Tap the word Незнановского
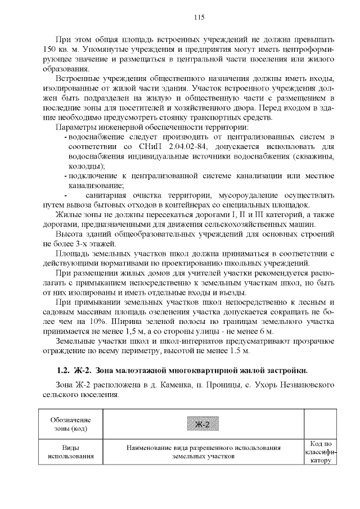click(302, 385)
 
